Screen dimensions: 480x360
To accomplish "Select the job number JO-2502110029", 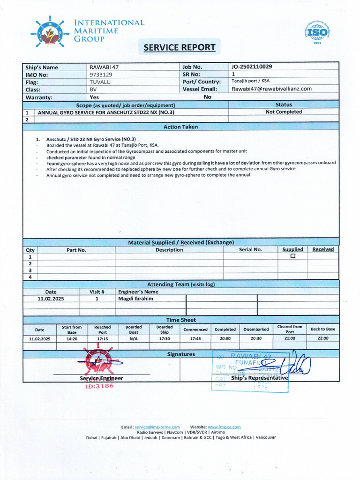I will point(252,67).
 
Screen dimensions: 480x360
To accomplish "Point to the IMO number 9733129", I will point(101,75).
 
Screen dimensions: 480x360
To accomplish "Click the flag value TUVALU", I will point(99,82).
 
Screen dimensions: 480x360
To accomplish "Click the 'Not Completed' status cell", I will point(284,112).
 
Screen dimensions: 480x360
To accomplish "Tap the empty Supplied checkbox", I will point(293,256).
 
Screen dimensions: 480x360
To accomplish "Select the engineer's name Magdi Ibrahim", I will point(135,299).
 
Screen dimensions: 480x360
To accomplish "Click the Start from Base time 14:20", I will point(72,338).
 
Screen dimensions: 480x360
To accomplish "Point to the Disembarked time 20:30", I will point(256,338).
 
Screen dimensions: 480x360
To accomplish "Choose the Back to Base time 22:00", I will point(323,338).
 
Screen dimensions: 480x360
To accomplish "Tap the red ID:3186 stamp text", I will point(99,386).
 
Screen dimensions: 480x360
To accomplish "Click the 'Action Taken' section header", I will point(180,127).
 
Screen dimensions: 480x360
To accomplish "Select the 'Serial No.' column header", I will point(250,250).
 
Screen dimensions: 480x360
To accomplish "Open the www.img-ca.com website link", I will point(224,427).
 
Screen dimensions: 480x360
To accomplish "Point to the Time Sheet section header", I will point(180,320).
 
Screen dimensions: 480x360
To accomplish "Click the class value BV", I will point(93,89).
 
